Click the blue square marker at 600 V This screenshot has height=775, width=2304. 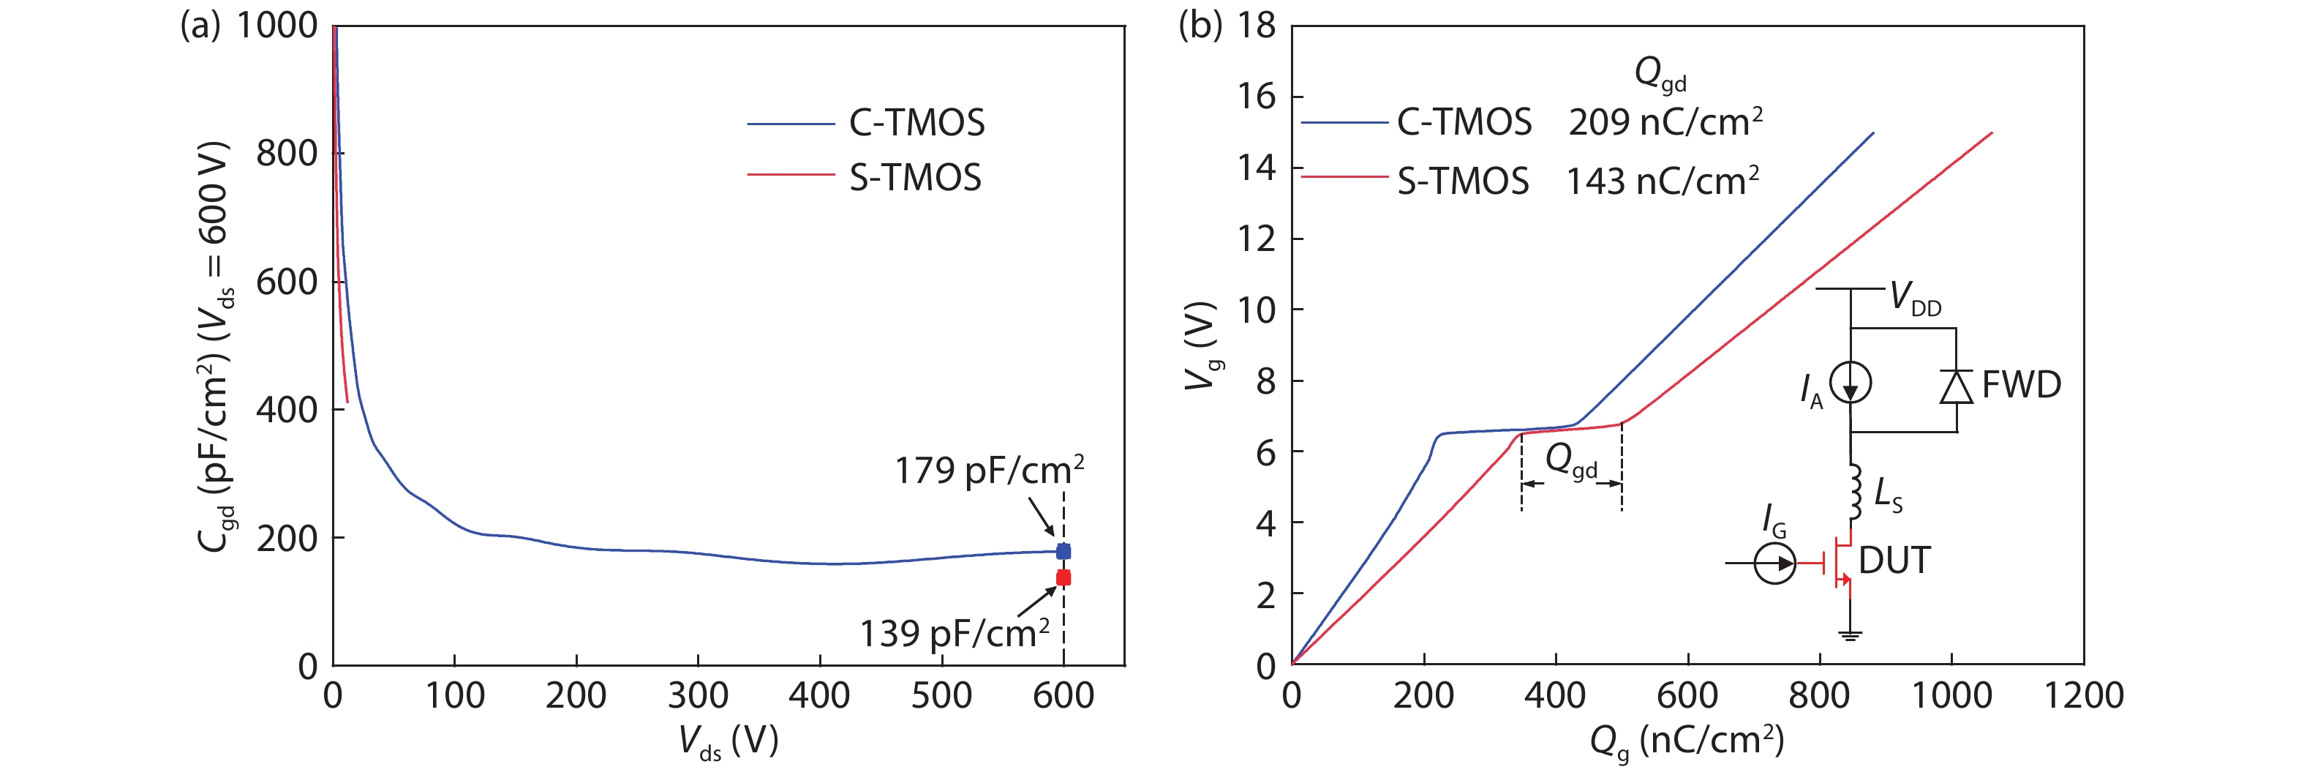[1063, 551]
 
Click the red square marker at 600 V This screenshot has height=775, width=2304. [1063, 578]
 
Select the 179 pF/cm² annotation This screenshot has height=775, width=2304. [989, 471]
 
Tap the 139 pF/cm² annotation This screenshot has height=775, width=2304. [955, 634]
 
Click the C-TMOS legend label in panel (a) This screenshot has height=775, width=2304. [916, 124]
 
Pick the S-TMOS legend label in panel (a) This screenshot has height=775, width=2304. [915, 178]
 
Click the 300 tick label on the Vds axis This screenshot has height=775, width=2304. [698, 696]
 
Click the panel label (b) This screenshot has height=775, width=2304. [1200, 25]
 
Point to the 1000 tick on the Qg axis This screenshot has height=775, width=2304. [1951, 696]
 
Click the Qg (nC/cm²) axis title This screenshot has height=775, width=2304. [1687, 742]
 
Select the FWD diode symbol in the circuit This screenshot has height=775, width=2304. [1956, 386]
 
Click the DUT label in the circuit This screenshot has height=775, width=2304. [1894, 561]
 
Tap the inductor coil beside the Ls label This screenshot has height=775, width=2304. [1853, 493]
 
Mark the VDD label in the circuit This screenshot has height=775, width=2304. [1914, 298]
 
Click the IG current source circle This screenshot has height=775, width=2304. [1774, 564]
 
